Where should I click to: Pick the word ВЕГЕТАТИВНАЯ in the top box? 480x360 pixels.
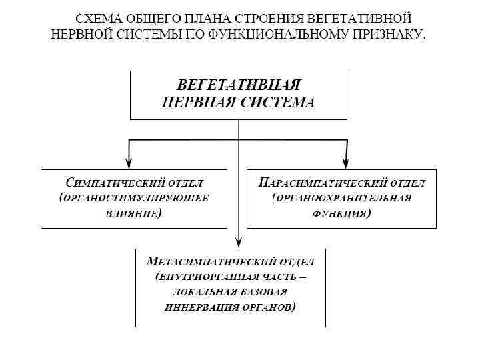tap(238, 86)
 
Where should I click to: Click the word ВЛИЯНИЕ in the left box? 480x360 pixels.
tap(132, 214)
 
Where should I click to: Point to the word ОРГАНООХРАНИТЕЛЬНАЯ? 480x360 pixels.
tap(342, 198)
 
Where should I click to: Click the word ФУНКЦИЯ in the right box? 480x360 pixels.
tap(341, 214)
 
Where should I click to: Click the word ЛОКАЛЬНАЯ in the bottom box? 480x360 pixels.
tap(200, 292)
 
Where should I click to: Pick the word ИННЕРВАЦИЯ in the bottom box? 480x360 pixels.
tap(193, 307)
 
